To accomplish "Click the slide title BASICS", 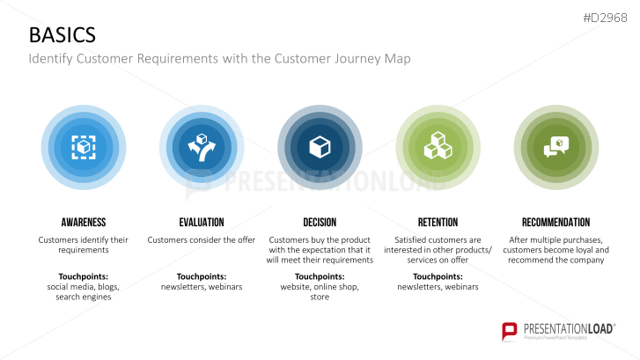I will click(63, 35).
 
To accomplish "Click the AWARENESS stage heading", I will click(84, 222).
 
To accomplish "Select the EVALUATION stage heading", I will click(202, 222).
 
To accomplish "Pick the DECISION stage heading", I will click(320, 222).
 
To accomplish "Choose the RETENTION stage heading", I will click(438, 222).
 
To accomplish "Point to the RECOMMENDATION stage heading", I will click(555, 222).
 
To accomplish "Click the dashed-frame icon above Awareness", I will click(84, 146).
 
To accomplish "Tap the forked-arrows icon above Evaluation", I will click(202, 146).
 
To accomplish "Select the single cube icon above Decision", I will click(320, 146).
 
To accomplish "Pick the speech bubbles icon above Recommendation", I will click(555, 146).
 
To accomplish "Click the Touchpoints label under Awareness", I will click(84, 276).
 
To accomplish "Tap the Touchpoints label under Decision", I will click(320, 276).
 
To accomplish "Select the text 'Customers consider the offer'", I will click(202, 239).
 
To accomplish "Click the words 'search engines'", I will click(84, 298).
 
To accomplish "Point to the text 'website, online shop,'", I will click(320, 287).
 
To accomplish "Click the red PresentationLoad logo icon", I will click(510, 332).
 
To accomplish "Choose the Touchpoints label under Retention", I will click(438, 276).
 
